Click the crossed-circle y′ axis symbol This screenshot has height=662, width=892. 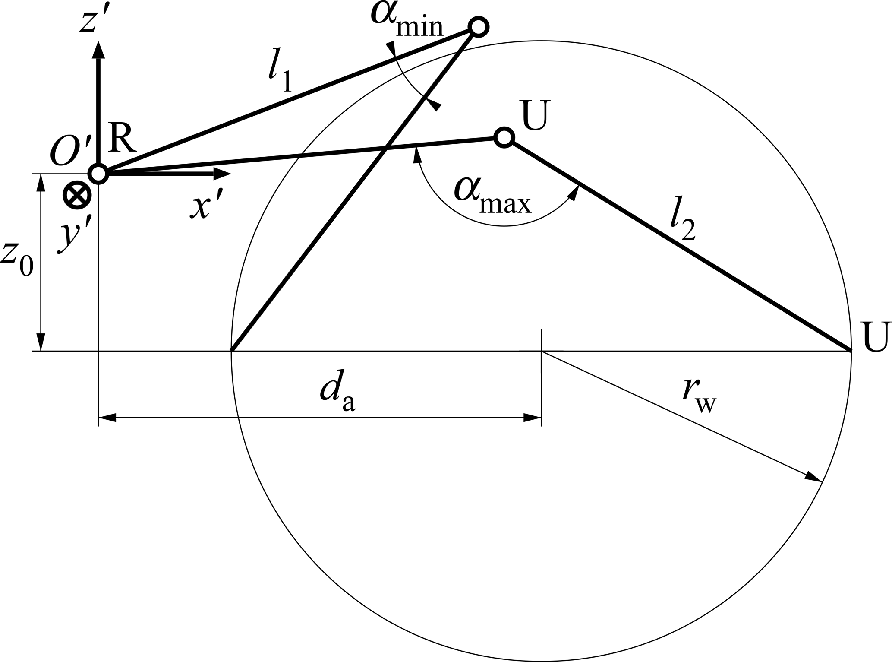tap(77, 196)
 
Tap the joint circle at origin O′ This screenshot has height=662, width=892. tap(98, 174)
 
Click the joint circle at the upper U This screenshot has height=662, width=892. tap(504, 138)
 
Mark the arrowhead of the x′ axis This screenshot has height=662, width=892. tap(222, 174)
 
